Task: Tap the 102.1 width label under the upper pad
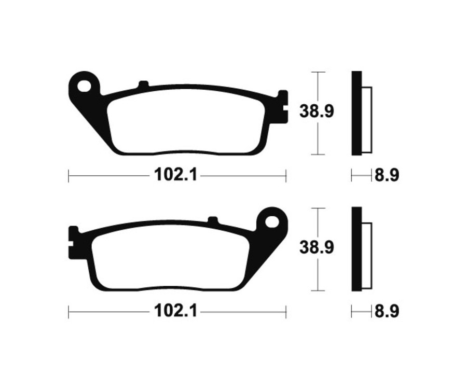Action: (x=175, y=175)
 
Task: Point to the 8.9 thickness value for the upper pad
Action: (x=387, y=176)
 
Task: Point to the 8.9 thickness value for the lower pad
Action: (x=387, y=312)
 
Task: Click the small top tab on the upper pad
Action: (x=144, y=84)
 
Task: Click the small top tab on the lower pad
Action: (x=212, y=220)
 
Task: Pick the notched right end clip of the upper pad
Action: (x=282, y=106)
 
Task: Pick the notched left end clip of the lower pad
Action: (x=74, y=242)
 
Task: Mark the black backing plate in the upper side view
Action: (x=356, y=113)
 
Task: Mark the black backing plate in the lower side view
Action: (x=356, y=249)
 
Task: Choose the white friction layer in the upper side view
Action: (x=367, y=119)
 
